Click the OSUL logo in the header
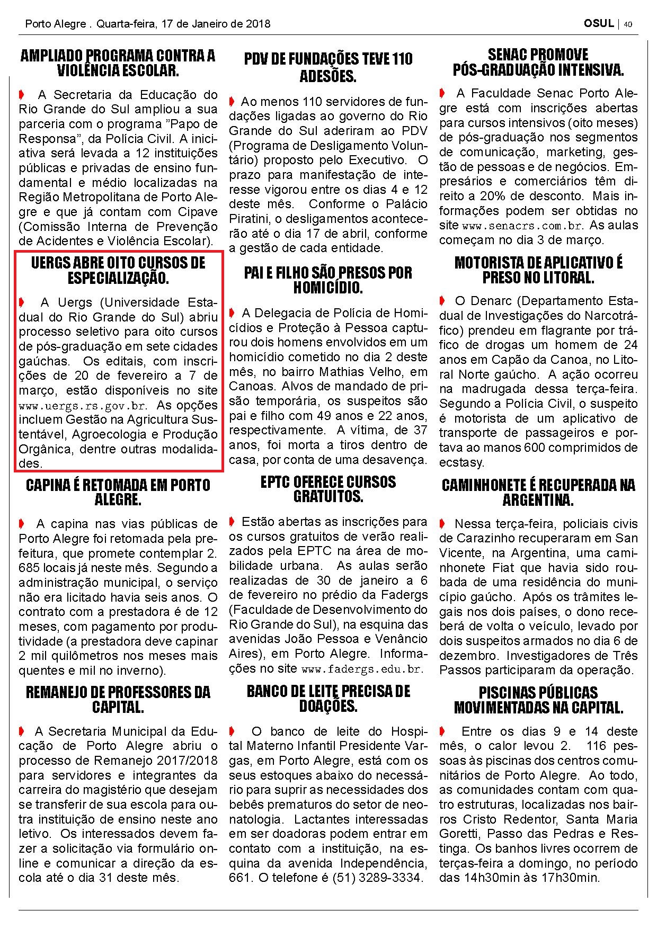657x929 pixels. tap(599, 24)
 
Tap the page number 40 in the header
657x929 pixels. tap(628, 24)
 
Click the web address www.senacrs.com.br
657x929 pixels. tap(522, 226)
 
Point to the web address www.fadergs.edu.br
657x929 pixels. tap(362, 669)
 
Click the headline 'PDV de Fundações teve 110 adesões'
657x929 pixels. tap(328, 67)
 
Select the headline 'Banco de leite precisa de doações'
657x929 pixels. tap(328, 699)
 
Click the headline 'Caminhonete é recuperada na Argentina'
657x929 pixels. tap(538, 492)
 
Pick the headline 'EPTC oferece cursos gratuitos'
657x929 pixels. tap(328, 489)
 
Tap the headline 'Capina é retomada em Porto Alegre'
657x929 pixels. tap(118, 492)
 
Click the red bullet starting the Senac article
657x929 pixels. tap(442, 94)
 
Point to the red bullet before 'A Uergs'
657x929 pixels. tap(22, 302)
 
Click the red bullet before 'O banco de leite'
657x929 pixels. tap(232, 731)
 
